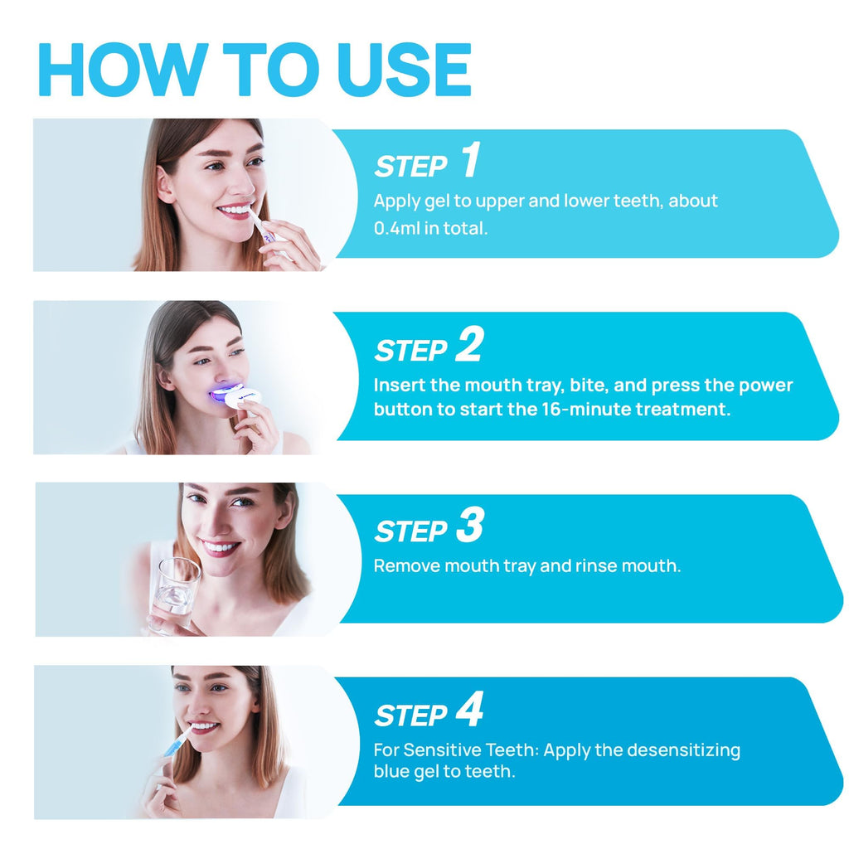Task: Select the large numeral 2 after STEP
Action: [468, 346]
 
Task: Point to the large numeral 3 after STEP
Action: [469, 527]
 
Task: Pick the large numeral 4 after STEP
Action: [469, 711]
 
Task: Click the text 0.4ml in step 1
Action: [396, 228]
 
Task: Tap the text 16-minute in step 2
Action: [590, 410]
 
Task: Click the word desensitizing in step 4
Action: [683, 750]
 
